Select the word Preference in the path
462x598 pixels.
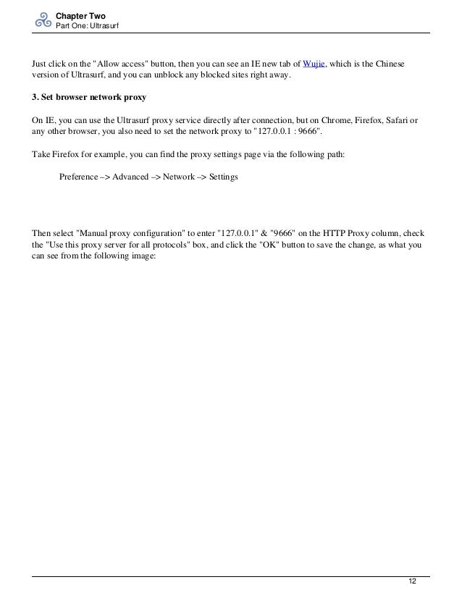(80, 177)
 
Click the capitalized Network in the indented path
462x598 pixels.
(179, 177)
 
